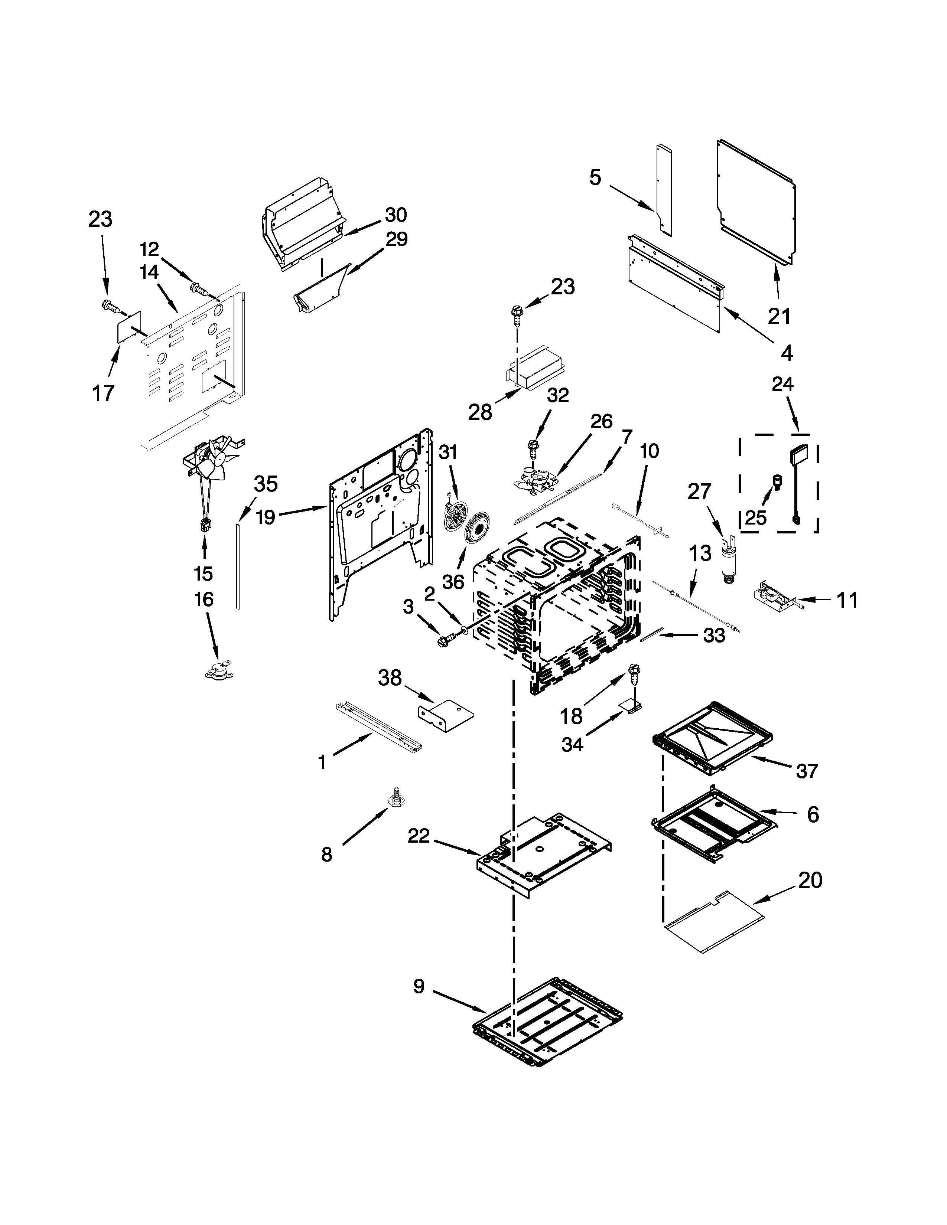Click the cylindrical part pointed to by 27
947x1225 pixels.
tap(730, 561)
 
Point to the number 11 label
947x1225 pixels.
tap(847, 600)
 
